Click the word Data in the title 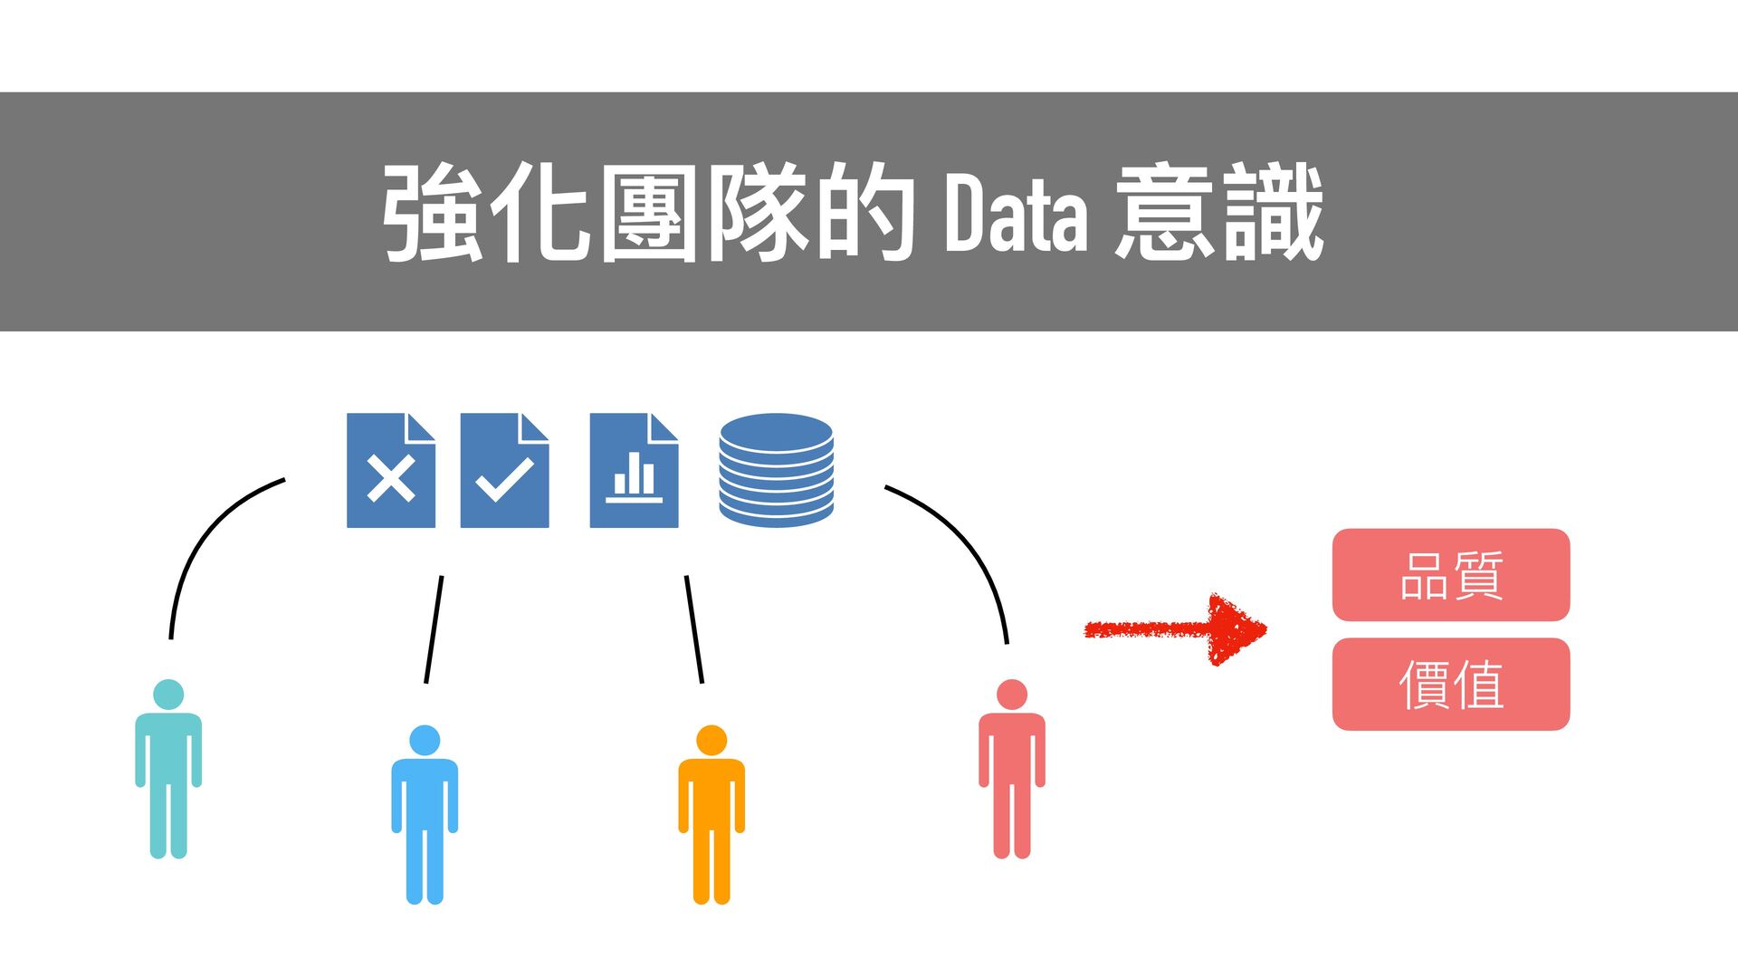[1015, 214]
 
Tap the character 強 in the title [433, 214]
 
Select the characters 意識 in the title [1219, 214]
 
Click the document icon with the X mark [391, 471]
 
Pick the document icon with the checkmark [504, 471]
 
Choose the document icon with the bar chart [634, 471]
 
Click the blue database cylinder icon [776, 471]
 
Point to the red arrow [1177, 629]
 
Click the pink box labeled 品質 [1450, 575]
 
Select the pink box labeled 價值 [1450, 685]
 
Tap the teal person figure [168, 779]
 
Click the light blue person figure [425, 824]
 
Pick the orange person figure [711, 824]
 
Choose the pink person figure [1012, 779]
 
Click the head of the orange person [711, 740]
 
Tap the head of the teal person [168, 695]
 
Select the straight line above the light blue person [434, 629]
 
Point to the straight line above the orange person [694, 629]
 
